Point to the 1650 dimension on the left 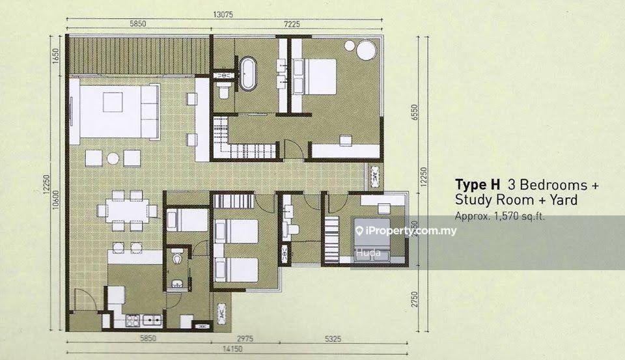pyautogui.click(x=56, y=55)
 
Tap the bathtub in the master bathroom pyautogui.click(x=247, y=74)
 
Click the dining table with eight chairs pyautogui.click(x=128, y=210)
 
